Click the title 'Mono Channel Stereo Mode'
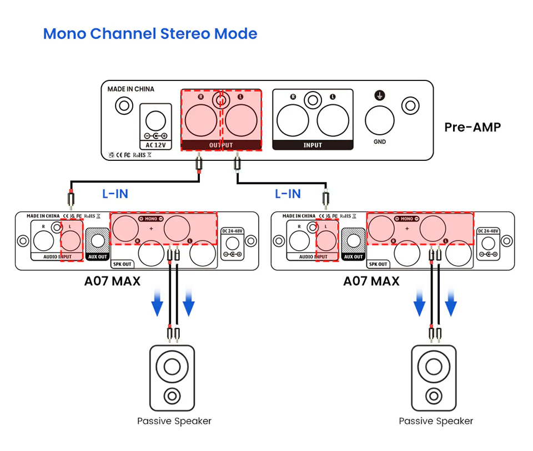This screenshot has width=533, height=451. tap(150, 33)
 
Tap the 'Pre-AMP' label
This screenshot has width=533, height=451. tap(472, 127)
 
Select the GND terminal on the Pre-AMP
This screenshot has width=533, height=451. tap(380, 120)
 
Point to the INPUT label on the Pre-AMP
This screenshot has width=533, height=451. tap(313, 145)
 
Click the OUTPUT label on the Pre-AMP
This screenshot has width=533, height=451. tap(221, 145)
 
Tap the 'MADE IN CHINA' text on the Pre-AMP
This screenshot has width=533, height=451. tap(131, 89)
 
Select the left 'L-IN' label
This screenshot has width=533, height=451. tap(115, 194)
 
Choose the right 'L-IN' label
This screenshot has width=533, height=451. tap(288, 194)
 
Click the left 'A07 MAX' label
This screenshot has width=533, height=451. tap(112, 281)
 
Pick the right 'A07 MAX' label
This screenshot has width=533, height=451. tap(371, 281)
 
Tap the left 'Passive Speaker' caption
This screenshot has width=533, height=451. tap(174, 421)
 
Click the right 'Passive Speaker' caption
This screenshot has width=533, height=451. tap(436, 421)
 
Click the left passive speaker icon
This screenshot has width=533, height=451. tap(172, 378)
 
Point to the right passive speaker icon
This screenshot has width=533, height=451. tap(434, 378)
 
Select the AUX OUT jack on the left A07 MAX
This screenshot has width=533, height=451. tap(98, 241)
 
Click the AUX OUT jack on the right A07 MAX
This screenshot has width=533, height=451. tap(353, 241)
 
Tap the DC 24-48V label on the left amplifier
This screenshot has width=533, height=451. tap(232, 231)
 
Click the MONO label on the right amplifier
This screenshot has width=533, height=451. tap(407, 219)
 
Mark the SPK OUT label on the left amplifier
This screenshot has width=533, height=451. tap(122, 264)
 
